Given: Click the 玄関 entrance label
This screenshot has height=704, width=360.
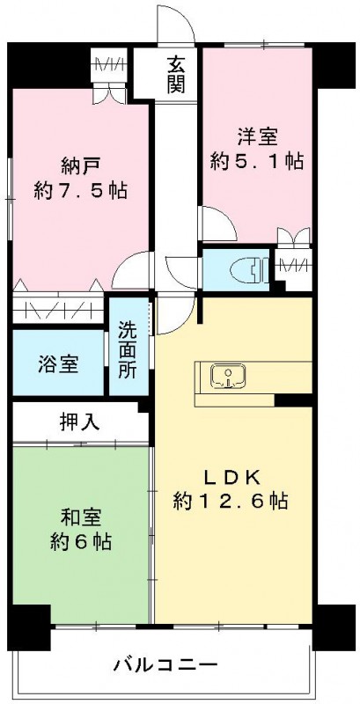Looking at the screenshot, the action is pyautogui.click(x=176, y=74).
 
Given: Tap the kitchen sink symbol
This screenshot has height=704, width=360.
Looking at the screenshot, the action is pyautogui.click(x=228, y=376).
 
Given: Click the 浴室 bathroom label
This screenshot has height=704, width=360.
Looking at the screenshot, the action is pyautogui.click(x=58, y=364).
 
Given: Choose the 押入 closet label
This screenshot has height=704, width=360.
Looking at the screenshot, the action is pyautogui.click(x=79, y=422).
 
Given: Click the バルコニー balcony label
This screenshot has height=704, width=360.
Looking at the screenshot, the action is pyautogui.click(x=165, y=664).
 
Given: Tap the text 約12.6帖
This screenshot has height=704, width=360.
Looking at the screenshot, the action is pyautogui.click(x=231, y=500).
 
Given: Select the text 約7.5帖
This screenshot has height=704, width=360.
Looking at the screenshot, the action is pyautogui.click(x=80, y=192).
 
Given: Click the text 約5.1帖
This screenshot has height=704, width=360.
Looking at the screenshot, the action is pyautogui.click(x=257, y=160).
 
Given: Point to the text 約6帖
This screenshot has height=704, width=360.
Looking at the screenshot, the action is pyautogui.click(x=80, y=542).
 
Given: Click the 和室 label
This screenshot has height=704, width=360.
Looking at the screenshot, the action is pyautogui.click(x=80, y=517).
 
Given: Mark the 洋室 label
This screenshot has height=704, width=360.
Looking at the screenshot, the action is pyautogui.click(x=257, y=136).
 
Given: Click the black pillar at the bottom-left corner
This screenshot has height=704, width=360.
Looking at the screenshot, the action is pyautogui.click(x=29, y=627).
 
